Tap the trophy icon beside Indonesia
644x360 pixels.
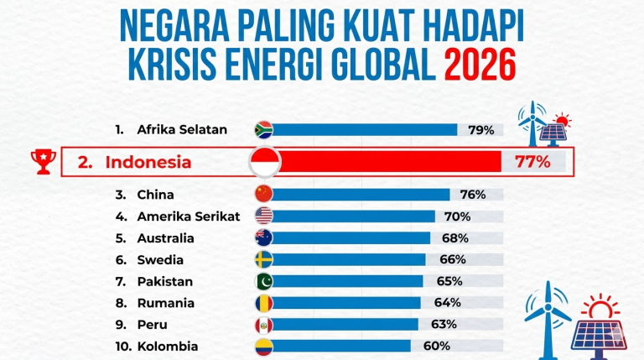[40, 160]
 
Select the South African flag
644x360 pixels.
[263, 129]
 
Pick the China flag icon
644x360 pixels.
[263, 195]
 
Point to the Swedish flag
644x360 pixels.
[263, 259]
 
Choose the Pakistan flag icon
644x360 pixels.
[263, 281]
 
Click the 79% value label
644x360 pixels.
[481, 130]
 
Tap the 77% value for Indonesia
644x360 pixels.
[527, 161]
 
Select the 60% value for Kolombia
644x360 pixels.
[437, 346]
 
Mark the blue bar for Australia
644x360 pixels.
[351, 238]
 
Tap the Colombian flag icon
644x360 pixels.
[263, 346]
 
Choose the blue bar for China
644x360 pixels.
[361, 195]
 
